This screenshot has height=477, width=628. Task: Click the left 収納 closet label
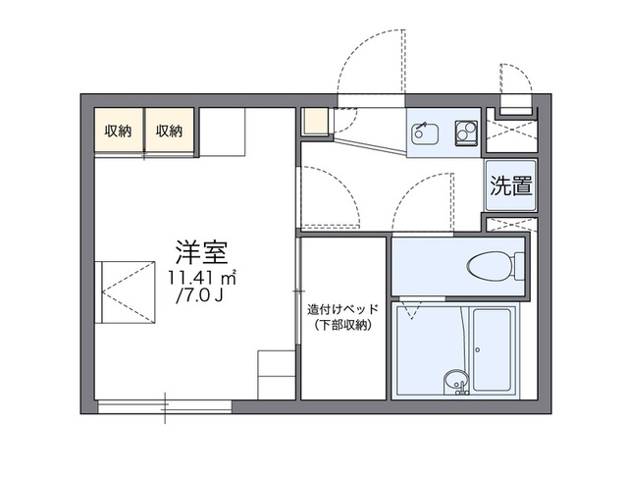coord(119,131)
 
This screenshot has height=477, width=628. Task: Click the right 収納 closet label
coord(170,131)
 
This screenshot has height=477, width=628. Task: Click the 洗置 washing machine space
coord(510,185)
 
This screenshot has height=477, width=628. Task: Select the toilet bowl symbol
coord(491,265)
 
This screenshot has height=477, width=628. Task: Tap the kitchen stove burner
coord(465,132)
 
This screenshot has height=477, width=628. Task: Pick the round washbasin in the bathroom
coord(453,380)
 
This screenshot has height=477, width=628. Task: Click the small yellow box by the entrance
coord(314,122)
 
